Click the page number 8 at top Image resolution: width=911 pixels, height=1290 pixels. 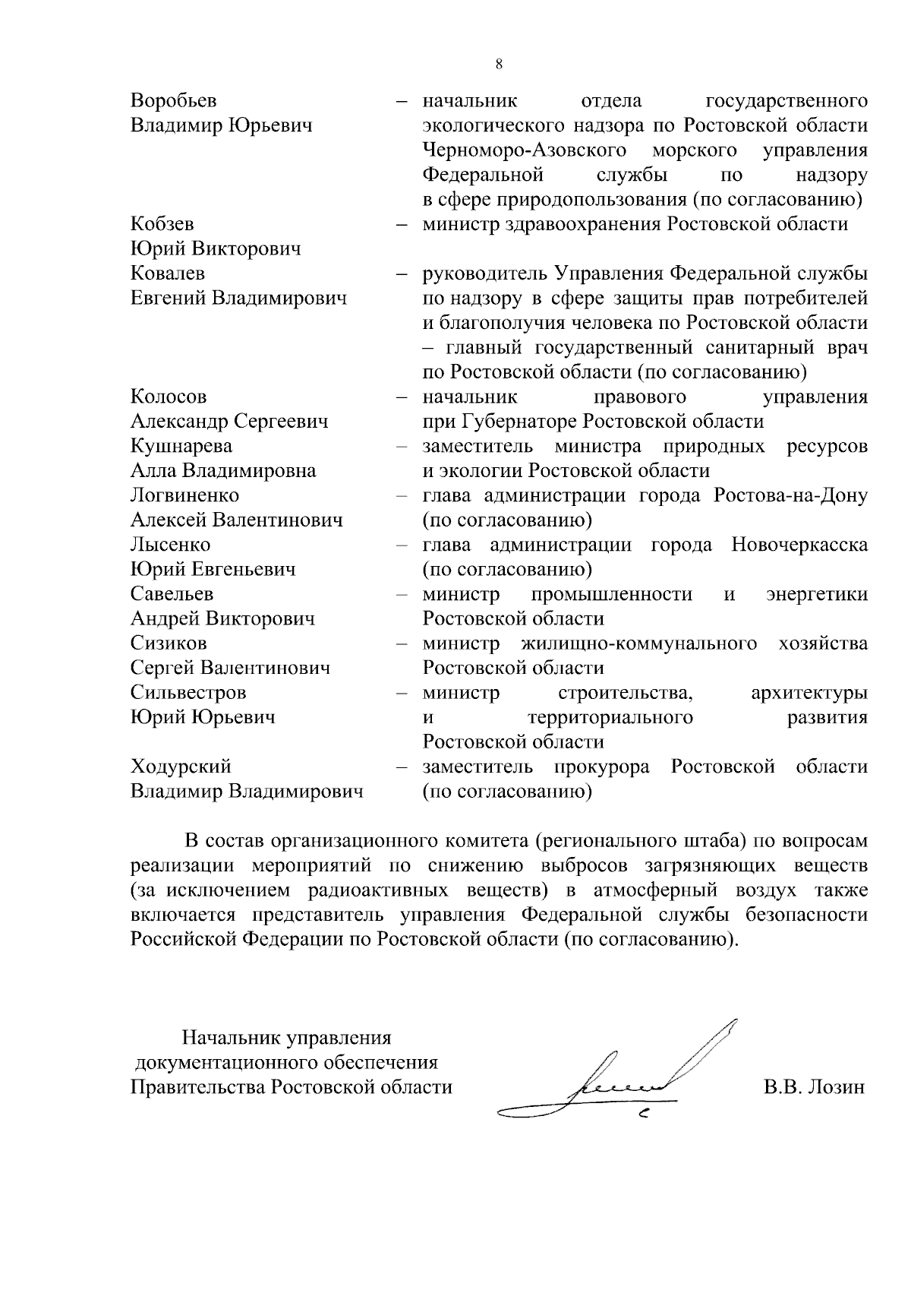pos(498,65)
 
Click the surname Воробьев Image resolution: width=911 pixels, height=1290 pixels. pos(173,101)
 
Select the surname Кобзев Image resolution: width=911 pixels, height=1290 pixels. pos(162,224)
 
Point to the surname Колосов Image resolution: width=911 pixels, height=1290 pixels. pos(168,397)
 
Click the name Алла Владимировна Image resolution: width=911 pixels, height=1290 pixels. pos(223,470)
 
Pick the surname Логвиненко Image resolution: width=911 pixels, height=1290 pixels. pos(184,495)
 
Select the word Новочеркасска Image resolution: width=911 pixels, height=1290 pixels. pos(799,545)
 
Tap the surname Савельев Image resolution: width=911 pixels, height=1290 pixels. pos(172,594)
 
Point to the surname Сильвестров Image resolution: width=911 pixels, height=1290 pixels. pos(188,693)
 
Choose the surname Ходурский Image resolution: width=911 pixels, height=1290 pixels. pos(181,767)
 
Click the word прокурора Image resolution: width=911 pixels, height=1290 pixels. pos(602,767)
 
